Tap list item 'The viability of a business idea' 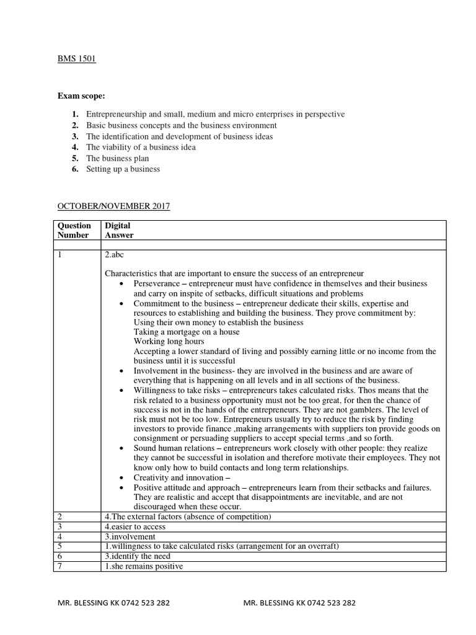tap(141, 147)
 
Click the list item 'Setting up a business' tap(123, 169)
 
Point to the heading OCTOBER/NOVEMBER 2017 tap(113, 206)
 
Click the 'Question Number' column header tap(74, 230)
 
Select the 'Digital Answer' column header tap(119, 230)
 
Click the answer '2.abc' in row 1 tap(115, 254)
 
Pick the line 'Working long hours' tap(169, 341)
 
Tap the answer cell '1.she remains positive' tap(144, 566)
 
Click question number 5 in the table tap(59, 546)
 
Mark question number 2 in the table tap(59, 517)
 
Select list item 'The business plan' tap(117, 158)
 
